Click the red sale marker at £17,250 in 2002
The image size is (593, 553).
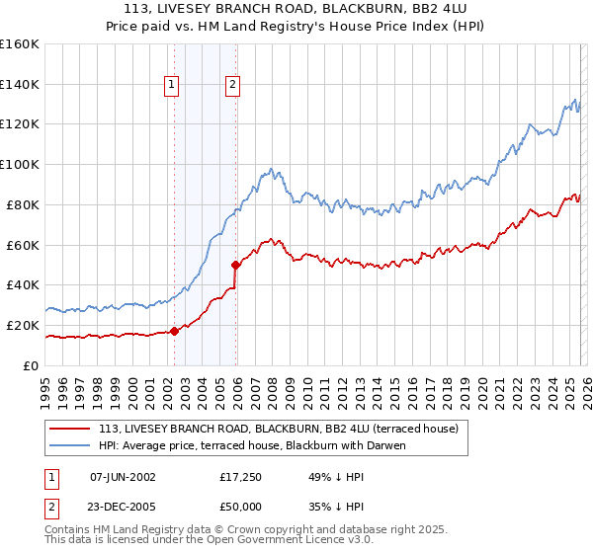(175, 331)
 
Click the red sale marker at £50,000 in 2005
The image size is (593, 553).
(236, 265)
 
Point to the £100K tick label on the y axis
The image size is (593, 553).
(20, 164)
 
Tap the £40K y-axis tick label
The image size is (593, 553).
(23, 284)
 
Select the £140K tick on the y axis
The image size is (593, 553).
(20, 84)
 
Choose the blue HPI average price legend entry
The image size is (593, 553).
(252, 445)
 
